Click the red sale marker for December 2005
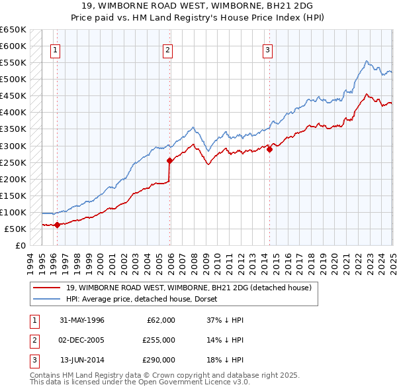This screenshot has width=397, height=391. (x=169, y=160)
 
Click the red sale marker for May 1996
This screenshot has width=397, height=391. (x=57, y=225)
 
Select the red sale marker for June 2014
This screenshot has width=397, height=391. (x=270, y=149)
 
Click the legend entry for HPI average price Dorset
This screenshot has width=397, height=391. (x=146, y=299)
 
